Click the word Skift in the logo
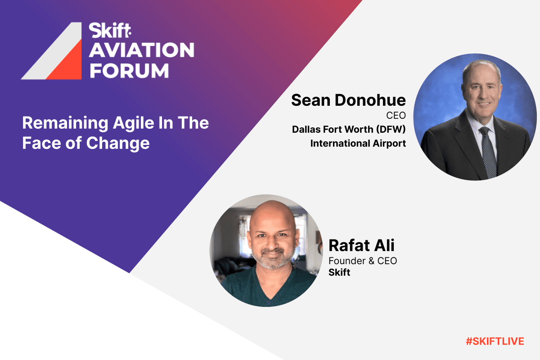[x=110, y=31]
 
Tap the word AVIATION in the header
[x=142, y=50]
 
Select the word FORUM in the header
[x=129, y=71]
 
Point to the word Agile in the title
[x=134, y=123]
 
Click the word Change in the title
[x=118, y=144]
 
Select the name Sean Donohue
[x=348, y=100]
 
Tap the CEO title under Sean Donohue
[x=396, y=116]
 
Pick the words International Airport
[x=358, y=144]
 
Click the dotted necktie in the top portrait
[x=487, y=152]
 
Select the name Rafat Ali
[x=361, y=245]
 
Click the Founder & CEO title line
[x=363, y=261]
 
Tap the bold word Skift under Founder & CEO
[x=339, y=272]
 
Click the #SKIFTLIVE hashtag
[x=495, y=342]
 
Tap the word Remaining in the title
[x=65, y=123]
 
